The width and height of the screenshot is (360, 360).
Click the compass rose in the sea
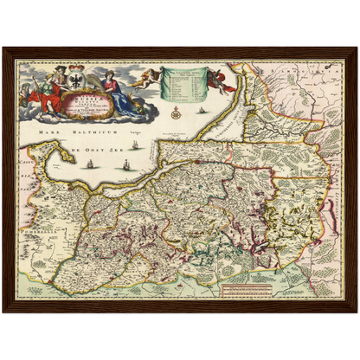click(175, 110)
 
